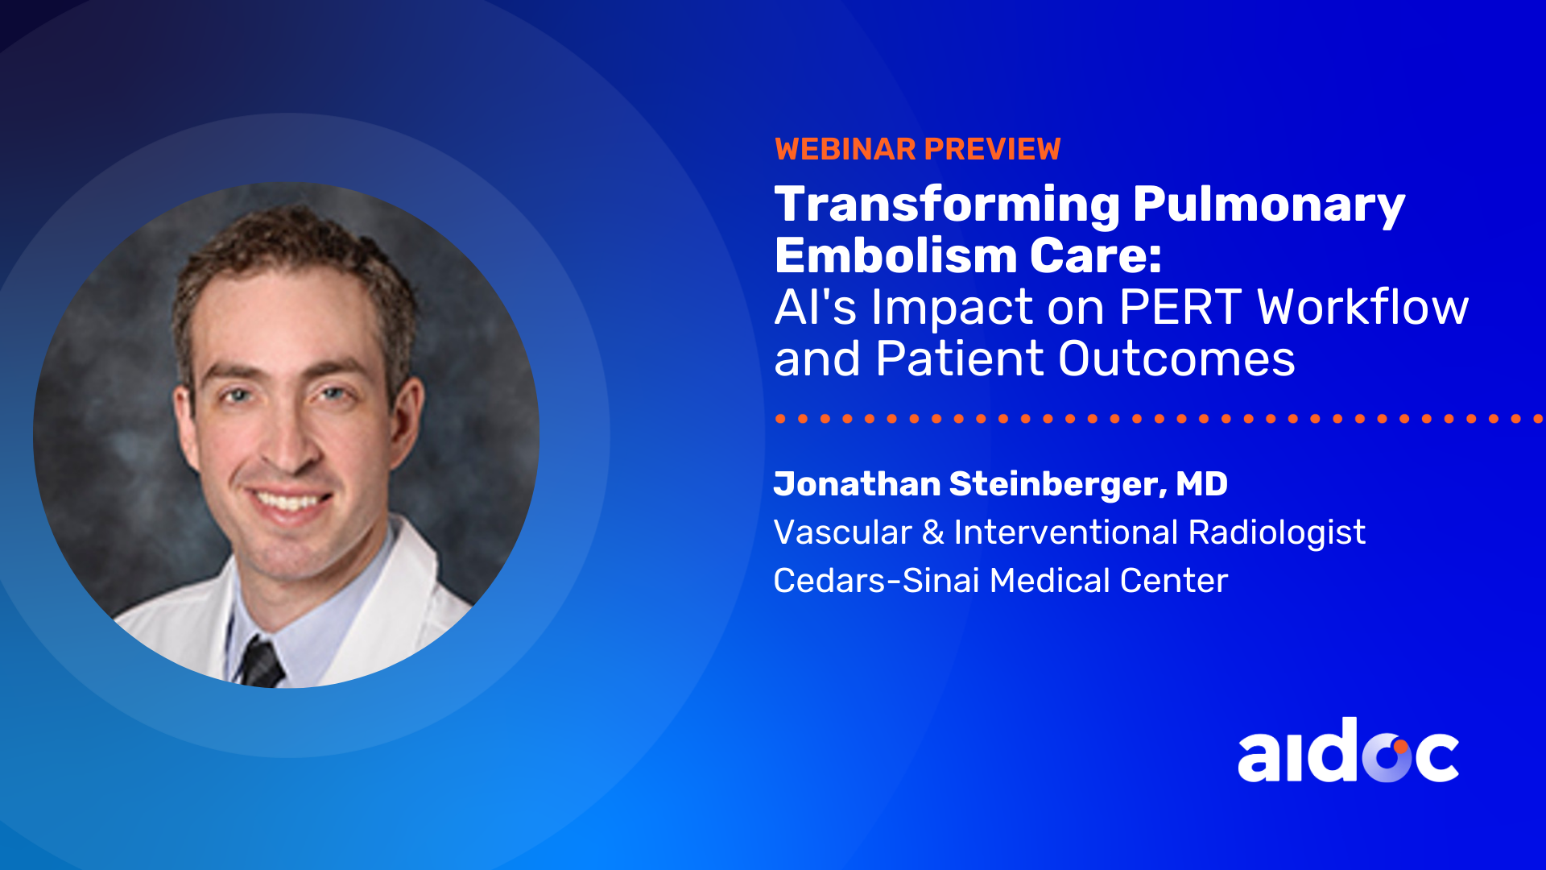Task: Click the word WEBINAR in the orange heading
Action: click(845, 149)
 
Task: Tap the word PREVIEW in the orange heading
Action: click(993, 149)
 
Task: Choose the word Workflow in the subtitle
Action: click(1363, 307)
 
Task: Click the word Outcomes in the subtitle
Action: click(1176, 358)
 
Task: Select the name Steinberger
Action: click(1055, 484)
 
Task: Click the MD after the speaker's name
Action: click(1201, 484)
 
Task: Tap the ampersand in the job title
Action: click(933, 532)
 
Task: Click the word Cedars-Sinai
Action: click(876, 581)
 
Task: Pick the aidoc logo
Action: click(1348, 751)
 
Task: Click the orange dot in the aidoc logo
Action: click(1401, 746)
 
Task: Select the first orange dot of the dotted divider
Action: click(780, 419)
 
